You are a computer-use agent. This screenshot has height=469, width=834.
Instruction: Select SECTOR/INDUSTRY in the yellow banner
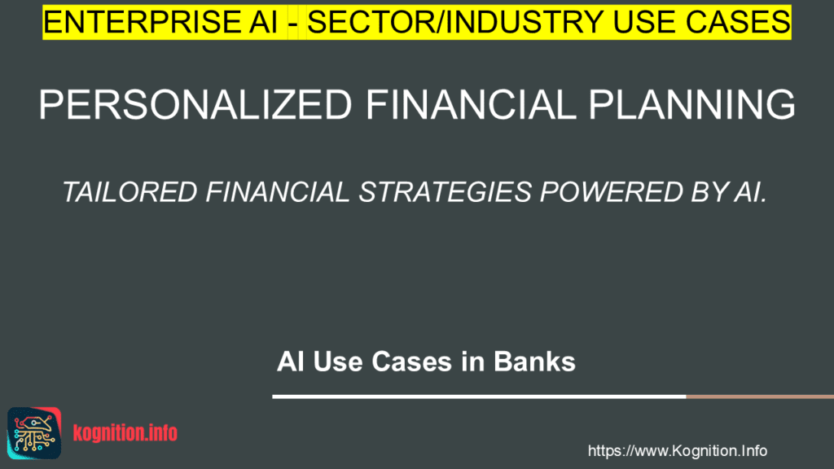coord(455,22)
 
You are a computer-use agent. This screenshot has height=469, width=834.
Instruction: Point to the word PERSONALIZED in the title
coord(195,104)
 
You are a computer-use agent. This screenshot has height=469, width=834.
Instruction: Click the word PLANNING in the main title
coord(691,104)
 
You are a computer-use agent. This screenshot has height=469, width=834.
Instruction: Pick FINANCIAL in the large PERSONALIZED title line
coord(470,104)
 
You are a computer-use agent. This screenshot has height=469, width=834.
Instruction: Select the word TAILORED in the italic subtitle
coord(130,192)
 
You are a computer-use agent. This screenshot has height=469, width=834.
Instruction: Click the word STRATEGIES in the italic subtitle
coord(446,192)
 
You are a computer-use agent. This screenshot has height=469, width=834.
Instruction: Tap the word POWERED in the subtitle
coord(612,192)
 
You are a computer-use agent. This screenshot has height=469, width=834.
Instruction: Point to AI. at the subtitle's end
coord(750,192)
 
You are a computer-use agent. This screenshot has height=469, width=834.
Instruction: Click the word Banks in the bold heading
coord(534,362)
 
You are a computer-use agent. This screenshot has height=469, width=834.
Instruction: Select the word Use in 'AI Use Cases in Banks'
coord(338,362)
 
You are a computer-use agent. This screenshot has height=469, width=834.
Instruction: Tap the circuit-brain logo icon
coord(34,433)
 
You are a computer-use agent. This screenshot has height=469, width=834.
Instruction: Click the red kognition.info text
coord(125,433)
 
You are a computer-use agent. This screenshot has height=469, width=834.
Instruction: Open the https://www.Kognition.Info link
coord(677,451)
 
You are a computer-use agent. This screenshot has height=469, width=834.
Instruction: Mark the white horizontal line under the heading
coord(479,397)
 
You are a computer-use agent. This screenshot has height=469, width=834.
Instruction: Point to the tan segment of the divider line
coord(760,397)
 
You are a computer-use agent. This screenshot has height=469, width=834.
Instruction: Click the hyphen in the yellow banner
coord(293,24)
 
